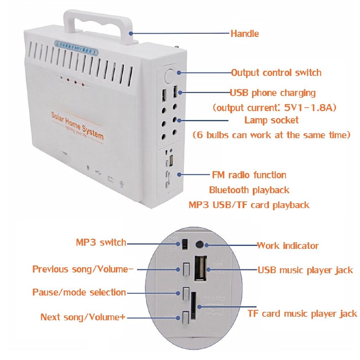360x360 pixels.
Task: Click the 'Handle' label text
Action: [244, 34]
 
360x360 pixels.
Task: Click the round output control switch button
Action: [169, 75]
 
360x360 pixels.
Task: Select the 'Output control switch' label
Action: [276, 73]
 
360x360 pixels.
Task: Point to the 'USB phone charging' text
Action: [272, 93]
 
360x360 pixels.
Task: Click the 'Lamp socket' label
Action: [271, 120]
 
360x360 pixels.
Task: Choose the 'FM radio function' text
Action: [249, 175]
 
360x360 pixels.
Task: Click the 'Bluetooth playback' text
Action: [249, 190]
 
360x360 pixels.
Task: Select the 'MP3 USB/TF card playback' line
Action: [249, 205]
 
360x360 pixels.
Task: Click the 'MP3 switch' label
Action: [101, 243]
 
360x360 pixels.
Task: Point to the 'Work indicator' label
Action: [288, 245]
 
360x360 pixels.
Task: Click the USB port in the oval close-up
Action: [201, 269]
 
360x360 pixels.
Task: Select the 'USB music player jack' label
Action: [305, 270]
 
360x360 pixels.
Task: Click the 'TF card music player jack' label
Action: [302, 314]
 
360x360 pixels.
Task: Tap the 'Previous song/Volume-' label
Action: [83, 270]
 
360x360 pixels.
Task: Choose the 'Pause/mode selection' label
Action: [79, 292]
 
